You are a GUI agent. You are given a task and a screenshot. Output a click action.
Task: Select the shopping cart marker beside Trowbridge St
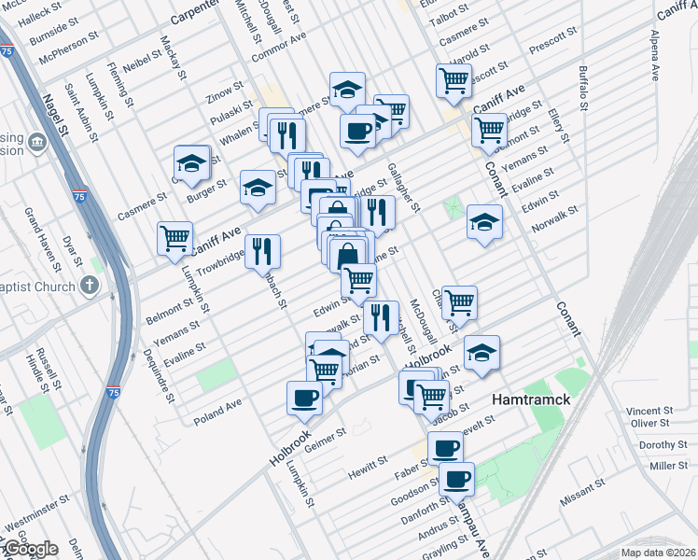tap(174, 239)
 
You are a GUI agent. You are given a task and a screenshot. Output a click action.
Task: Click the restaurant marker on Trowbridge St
tap(263, 251)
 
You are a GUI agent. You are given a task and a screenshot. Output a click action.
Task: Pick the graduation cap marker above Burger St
tap(191, 163)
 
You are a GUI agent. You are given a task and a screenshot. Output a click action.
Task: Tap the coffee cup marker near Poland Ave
tap(305, 398)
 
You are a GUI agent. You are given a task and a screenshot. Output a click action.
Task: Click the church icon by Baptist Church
tap(91, 285)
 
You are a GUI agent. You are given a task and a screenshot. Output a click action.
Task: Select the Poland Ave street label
tap(217, 411)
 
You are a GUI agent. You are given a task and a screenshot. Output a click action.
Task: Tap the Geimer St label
tap(326, 437)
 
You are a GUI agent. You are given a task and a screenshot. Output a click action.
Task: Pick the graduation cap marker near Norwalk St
tap(484, 222)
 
